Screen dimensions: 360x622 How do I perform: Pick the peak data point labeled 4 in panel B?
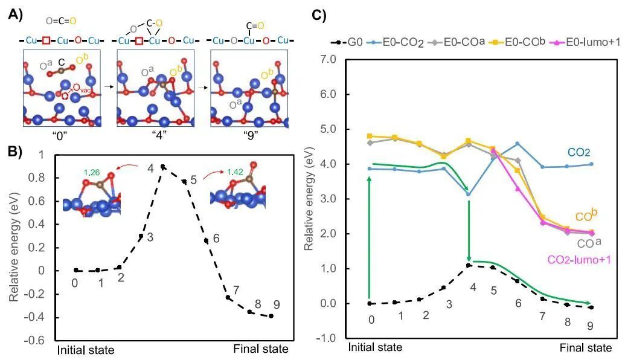163,166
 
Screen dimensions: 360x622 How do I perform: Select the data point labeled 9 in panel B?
271,316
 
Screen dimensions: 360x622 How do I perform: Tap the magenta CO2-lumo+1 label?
579,259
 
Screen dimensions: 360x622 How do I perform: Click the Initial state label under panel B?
85,349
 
